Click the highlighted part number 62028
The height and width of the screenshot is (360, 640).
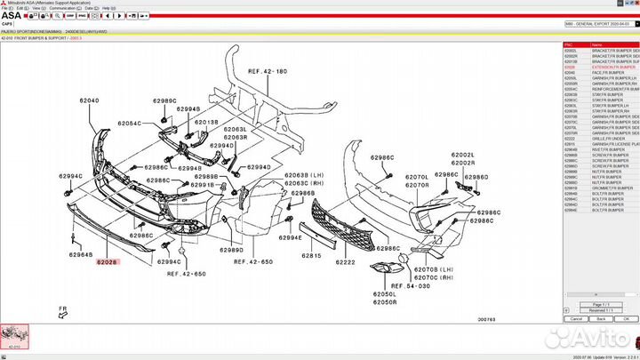tap(107, 262)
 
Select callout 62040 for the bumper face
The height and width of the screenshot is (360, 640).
tap(89, 101)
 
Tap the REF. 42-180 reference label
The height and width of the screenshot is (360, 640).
tap(268, 71)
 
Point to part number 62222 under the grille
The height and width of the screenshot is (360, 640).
tap(345, 262)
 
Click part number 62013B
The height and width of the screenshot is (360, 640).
tap(206, 122)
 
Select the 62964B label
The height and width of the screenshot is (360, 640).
tap(80, 255)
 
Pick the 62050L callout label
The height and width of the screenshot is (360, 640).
tap(384, 293)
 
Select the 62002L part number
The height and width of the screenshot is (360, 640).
tap(462, 155)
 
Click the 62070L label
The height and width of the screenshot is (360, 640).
tap(417, 177)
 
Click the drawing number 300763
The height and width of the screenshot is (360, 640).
tap(487, 318)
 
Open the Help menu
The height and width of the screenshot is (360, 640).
tap(108, 8)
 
